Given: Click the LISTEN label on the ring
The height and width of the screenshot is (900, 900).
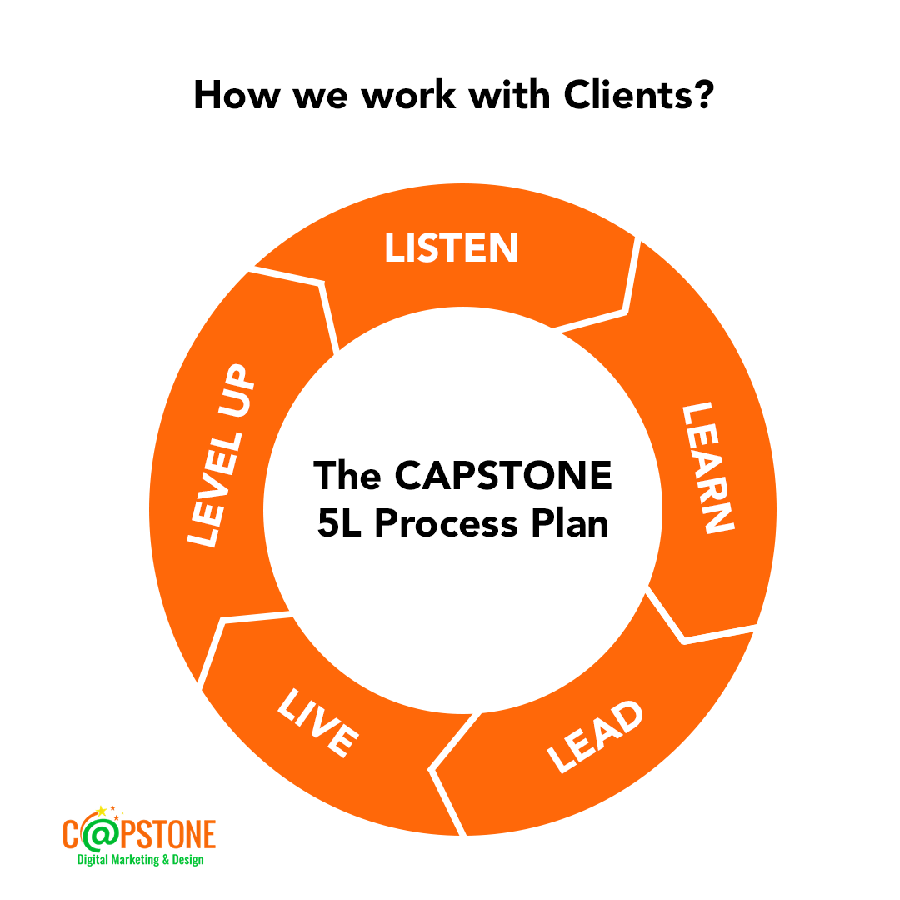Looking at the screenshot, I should [452, 248].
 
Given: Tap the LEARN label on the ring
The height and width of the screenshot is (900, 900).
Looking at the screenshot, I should [707, 467].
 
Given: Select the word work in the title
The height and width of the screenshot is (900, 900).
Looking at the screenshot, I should [409, 96].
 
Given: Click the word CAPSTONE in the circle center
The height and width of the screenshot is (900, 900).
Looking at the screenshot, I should [503, 476].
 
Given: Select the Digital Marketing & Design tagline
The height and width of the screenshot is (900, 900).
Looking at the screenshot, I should [140, 859].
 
